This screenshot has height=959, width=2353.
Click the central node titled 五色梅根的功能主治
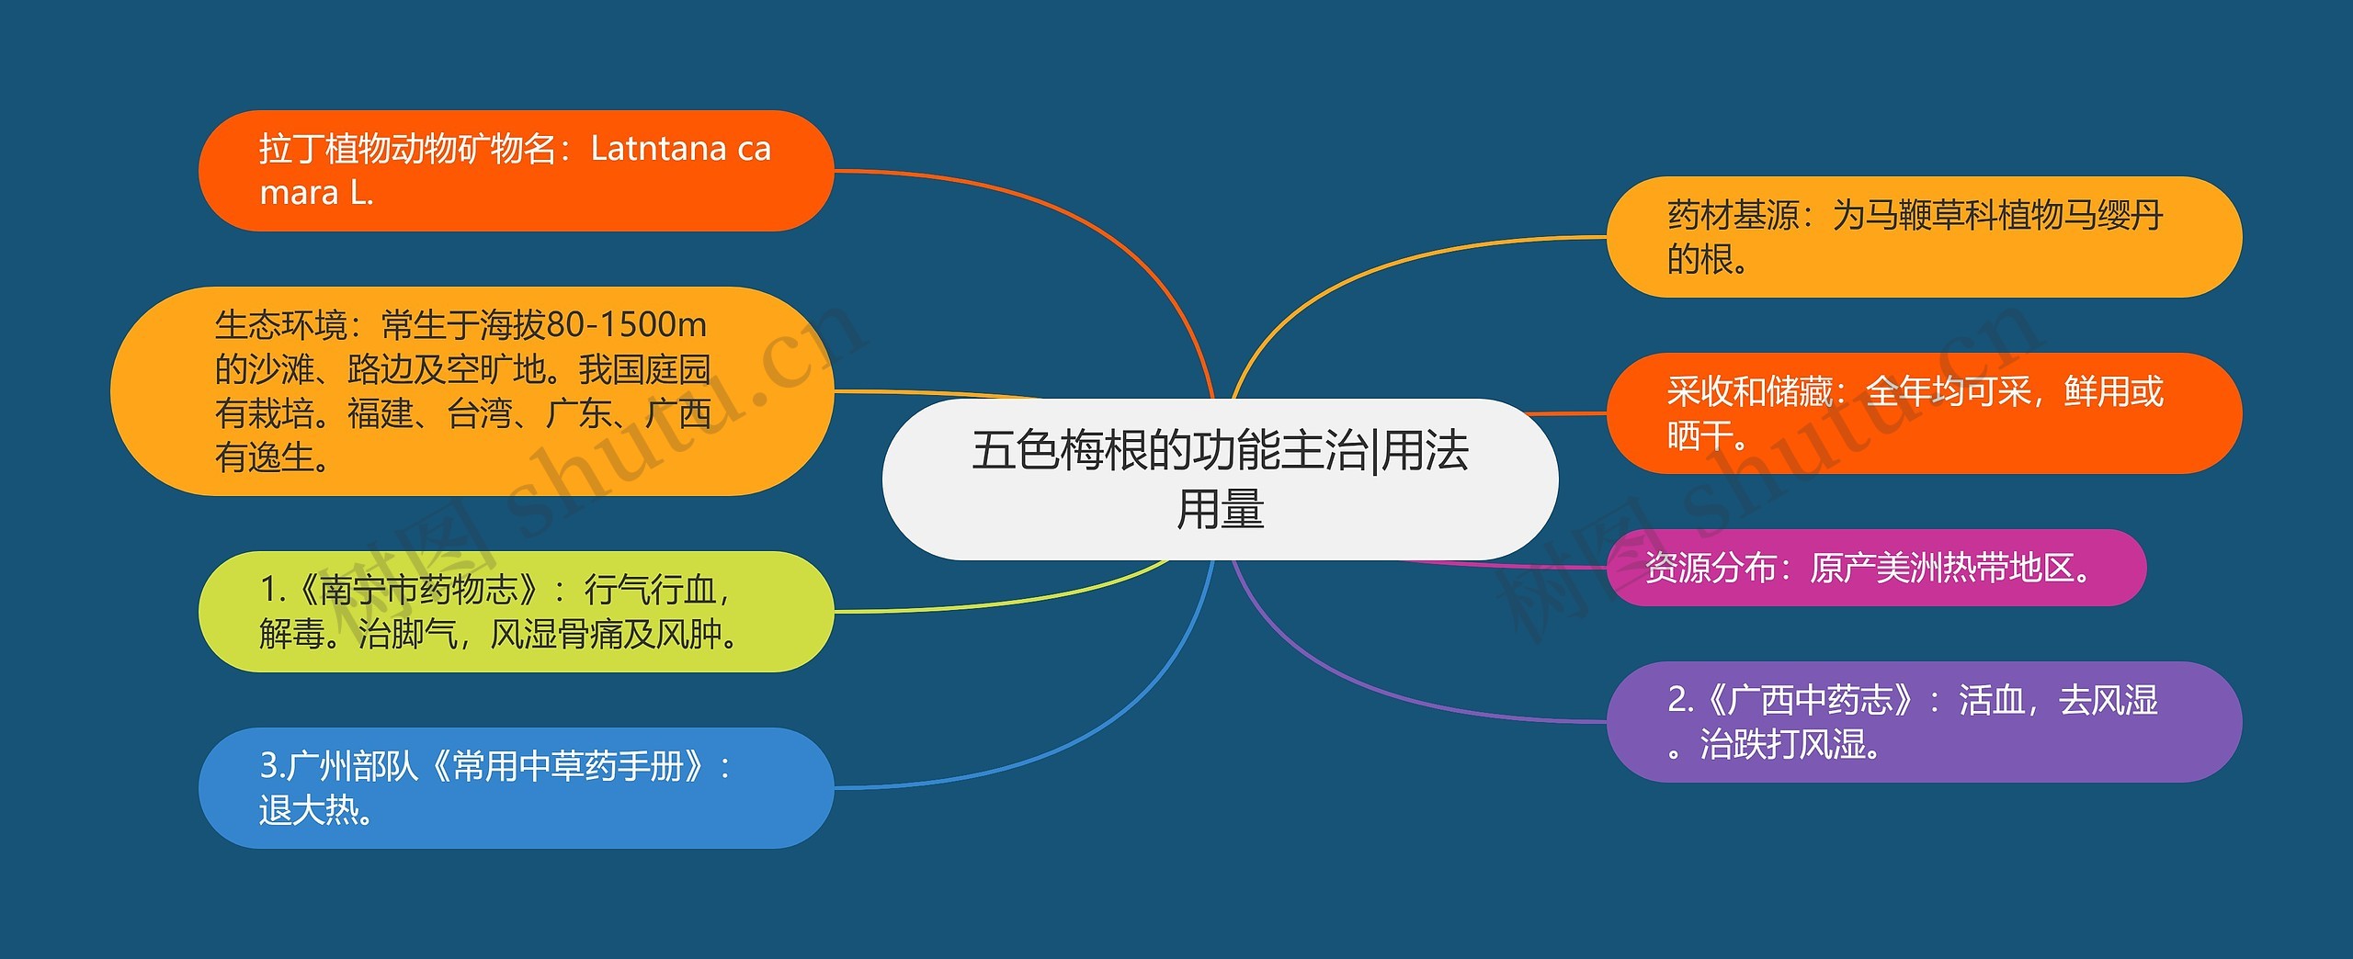(1220, 479)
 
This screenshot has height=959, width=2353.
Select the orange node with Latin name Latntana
(516, 171)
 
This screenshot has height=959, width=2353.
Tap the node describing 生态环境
(472, 391)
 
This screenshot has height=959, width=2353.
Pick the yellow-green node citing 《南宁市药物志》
(516, 612)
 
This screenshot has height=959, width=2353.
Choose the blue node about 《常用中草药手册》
(516, 788)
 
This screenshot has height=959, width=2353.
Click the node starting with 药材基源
(1924, 237)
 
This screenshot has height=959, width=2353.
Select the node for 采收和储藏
(1924, 413)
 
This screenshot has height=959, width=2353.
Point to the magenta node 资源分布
(1875, 568)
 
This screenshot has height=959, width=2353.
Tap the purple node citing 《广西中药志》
(1924, 722)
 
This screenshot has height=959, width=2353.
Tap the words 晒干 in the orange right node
(1699, 435)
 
